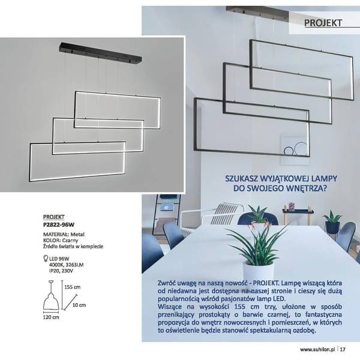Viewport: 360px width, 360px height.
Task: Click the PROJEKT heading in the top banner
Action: [323, 23]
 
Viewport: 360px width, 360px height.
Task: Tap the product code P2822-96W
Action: [59, 225]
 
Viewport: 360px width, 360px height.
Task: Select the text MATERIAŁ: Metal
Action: [64, 235]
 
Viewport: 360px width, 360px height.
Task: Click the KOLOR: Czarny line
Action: [61, 241]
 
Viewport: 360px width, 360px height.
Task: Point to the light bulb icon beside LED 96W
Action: [46, 258]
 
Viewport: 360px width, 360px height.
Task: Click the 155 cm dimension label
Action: [73, 287]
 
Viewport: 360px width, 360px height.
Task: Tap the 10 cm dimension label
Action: [79, 305]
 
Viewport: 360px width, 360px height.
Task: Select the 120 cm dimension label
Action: [51, 317]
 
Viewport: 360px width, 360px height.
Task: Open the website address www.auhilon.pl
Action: [318, 350]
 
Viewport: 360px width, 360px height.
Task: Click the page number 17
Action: [343, 349]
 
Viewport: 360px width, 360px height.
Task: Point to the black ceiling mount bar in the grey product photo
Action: [101, 52]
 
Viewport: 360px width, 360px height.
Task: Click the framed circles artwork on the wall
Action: [295, 149]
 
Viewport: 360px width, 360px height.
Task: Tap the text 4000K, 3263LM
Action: [67, 265]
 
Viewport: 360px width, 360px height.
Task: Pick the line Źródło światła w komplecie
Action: [73, 247]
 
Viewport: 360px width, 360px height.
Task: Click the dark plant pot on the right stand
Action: [332, 227]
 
